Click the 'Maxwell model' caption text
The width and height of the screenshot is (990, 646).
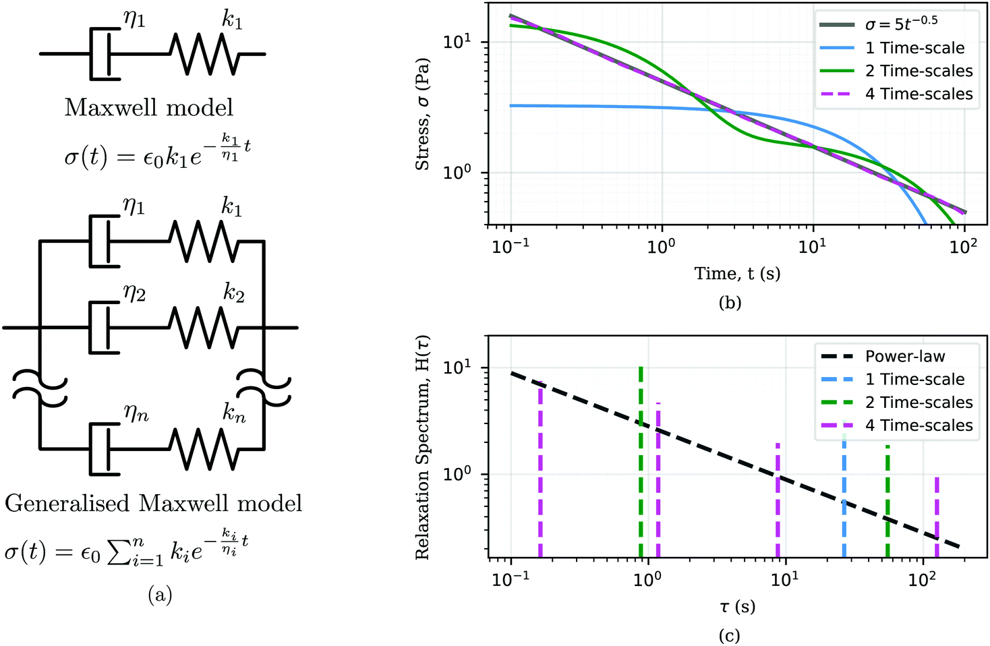click(148, 108)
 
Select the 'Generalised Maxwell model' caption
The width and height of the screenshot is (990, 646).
click(153, 504)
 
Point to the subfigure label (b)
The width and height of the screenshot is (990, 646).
click(730, 303)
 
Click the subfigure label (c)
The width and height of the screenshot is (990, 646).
click(730, 635)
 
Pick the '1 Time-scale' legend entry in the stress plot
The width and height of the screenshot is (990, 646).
click(914, 48)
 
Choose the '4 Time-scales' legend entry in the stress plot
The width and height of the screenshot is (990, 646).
click(919, 94)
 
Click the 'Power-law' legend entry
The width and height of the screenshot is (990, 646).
click(905, 356)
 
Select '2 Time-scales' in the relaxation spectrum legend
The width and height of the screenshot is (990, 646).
click(919, 403)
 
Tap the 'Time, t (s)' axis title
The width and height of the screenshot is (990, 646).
click(737, 274)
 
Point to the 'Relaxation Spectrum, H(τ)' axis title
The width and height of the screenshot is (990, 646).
click(423, 448)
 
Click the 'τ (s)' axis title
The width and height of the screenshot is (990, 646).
click(737, 606)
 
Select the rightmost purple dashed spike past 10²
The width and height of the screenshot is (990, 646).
click(937, 516)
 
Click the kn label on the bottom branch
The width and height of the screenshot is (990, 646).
click(234, 413)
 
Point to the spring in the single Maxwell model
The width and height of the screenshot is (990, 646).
click(204, 54)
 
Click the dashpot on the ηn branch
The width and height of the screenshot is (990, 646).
click(105, 448)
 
